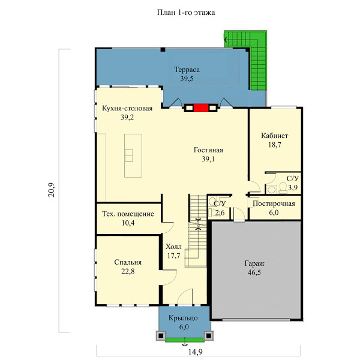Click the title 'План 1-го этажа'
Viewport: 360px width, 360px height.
tap(186, 13)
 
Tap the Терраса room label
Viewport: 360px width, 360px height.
tap(187, 70)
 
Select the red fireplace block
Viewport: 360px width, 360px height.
tap(201, 108)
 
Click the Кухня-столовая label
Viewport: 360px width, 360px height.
tap(127, 108)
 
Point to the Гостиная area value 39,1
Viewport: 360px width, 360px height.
tap(208, 159)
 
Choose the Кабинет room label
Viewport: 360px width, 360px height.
tap(275, 136)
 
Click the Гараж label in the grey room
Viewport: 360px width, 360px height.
tap(254, 263)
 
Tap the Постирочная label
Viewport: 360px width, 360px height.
tap(274, 203)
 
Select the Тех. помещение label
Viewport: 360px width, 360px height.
tap(128, 214)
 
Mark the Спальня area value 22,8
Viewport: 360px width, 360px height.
tap(128, 271)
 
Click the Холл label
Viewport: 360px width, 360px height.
tap(173, 247)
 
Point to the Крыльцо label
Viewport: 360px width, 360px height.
tap(183, 318)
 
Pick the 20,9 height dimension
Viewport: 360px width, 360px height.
tap(52, 190)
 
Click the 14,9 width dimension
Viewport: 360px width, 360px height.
tap(196, 352)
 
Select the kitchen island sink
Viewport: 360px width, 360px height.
tap(129, 155)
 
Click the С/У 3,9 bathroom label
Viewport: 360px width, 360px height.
tap(293, 183)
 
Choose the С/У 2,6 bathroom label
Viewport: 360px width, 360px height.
tap(220, 208)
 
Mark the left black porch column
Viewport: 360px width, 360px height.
tap(161, 335)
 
